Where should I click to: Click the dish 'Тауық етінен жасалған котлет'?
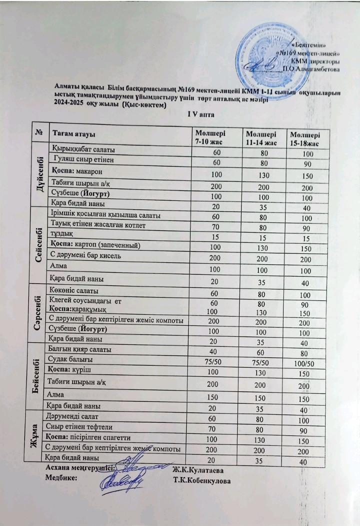pyautogui.click(x=96, y=225)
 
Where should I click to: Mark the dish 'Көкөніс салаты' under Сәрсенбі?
pyautogui.click(x=74, y=290)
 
